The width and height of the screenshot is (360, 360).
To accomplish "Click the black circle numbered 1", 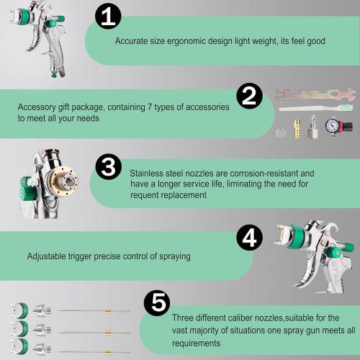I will [107, 19].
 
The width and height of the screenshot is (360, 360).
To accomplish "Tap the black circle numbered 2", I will [249, 96].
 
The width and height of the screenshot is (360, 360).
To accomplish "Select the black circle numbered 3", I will [107, 168].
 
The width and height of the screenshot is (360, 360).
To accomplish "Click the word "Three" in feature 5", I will [184, 318].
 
